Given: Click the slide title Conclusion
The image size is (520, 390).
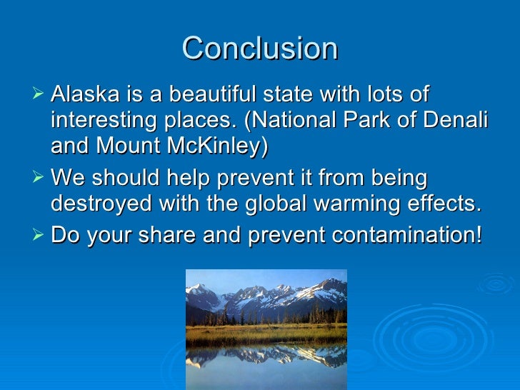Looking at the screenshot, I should point(260,49).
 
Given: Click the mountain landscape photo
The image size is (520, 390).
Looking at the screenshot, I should point(266,329).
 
